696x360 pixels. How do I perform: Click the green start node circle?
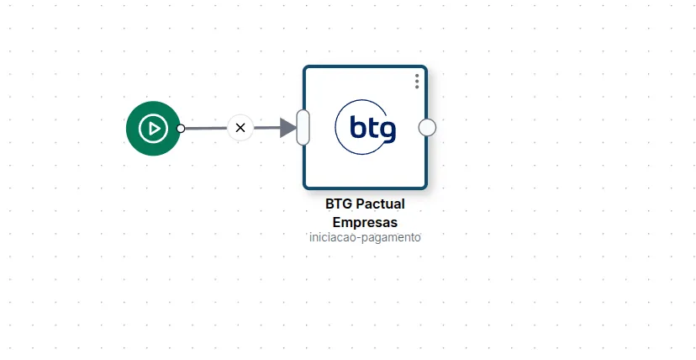click(x=153, y=129)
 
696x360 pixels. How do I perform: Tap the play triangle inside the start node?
click(x=155, y=129)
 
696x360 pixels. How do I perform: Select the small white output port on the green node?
click(x=181, y=129)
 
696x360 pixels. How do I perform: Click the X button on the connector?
click(x=240, y=128)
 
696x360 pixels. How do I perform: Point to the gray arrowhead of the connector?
click(x=288, y=128)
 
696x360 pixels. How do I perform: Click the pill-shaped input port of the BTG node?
click(x=303, y=127)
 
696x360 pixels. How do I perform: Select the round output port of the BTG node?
click(x=427, y=127)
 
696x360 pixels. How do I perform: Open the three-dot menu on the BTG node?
click(x=417, y=82)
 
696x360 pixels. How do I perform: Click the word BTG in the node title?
click(x=339, y=204)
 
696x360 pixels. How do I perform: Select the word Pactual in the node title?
click(x=381, y=204)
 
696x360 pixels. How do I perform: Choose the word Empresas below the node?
click(x=365, y=222)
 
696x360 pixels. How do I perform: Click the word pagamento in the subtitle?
click(x=391, y=238)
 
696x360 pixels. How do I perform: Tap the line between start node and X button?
click(x=206, y=129)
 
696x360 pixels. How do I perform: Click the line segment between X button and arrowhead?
click(x=267, y=128)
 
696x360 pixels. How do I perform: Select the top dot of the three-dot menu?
click(x=417, y=76)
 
